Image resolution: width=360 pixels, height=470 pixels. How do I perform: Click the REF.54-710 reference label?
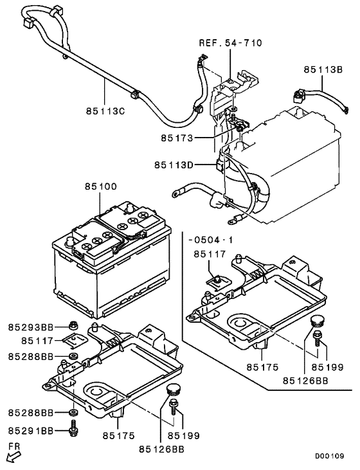tap(231, 43)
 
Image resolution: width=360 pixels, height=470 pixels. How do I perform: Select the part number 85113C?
tap(105, 111)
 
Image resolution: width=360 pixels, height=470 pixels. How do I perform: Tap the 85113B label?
tap(323, 69)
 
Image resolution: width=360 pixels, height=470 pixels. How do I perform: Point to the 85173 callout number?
tap(177, 138)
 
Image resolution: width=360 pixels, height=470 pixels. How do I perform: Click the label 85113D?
tap(174, 165)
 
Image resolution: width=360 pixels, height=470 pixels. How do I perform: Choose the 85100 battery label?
tap(101, 186)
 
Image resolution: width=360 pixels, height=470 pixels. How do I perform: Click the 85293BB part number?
tap(31, 327)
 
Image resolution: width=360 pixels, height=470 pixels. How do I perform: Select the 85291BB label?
tap(31, 431)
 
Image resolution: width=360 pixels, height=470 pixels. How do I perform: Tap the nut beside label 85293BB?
tap(73, 325)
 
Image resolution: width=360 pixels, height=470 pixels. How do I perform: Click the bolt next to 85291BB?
tap(73, 427)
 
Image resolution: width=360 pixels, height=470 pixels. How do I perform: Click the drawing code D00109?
tap(329, 456)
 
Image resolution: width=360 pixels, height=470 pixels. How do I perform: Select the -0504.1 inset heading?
tap(211, 240)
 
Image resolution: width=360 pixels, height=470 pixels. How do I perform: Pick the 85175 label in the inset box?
tap(262, 367)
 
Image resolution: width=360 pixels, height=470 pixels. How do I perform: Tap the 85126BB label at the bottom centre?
tap(161, 449)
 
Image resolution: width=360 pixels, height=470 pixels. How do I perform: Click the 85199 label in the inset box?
tap(328, 367)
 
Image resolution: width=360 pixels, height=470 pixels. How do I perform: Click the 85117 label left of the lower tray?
tap(37, 341)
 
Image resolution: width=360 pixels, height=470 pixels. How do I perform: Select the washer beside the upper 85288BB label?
tap(73, 357)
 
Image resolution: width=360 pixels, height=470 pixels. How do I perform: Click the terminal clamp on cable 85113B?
tap(298, 96)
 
